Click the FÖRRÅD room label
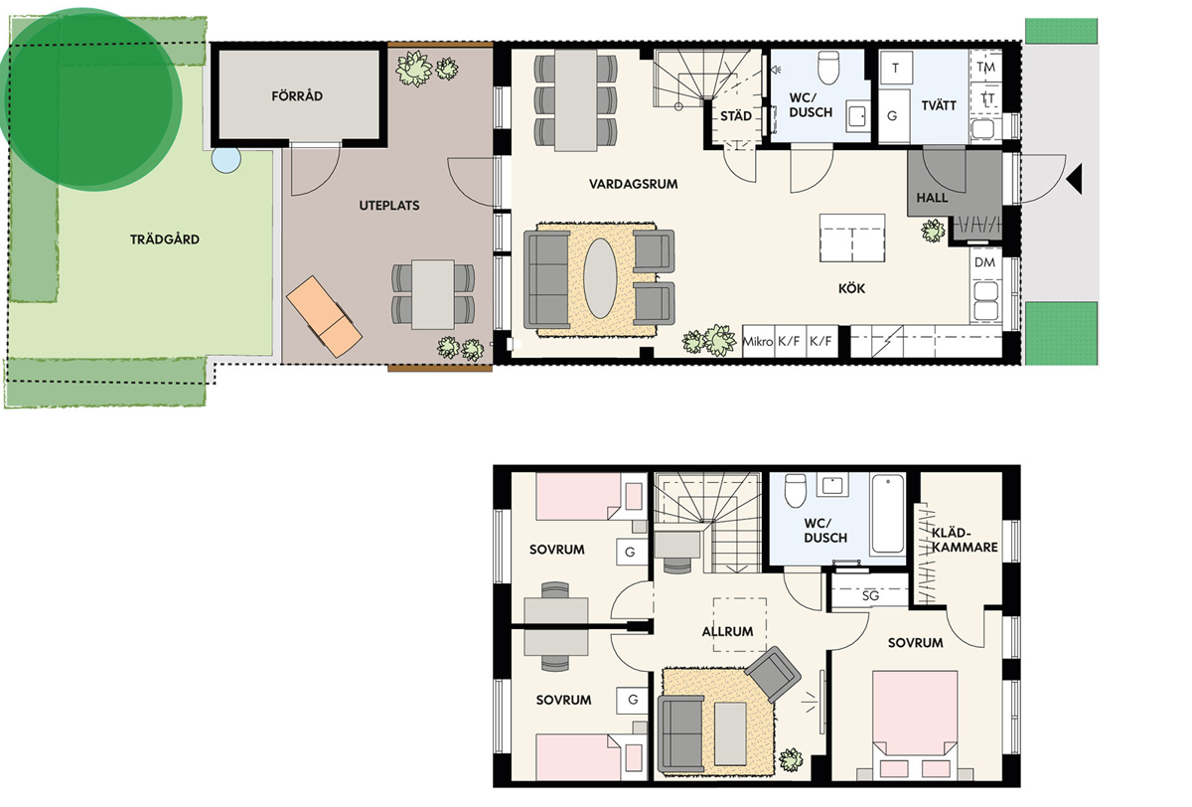[297, 95]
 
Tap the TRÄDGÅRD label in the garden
[165, 239]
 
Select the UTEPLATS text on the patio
[389, 206]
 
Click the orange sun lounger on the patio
[324, 316]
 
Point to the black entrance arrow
[1074, 179]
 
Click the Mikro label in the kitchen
[758, 341]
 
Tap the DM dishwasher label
[984, 262]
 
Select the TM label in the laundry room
[985, 68]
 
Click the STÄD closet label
[736, 116]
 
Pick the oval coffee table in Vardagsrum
[600, 278]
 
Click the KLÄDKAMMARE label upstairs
[965, 540]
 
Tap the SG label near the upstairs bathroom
[870, 595]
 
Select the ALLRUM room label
[727, 631]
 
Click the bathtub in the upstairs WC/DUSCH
[888, 514]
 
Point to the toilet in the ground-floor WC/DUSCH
[828, 67]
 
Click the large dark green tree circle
[90, 99]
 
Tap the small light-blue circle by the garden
[226, 159]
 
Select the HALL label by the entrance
[932, 198]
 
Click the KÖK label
[852, 288]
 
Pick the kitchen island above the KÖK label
[852, 238]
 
